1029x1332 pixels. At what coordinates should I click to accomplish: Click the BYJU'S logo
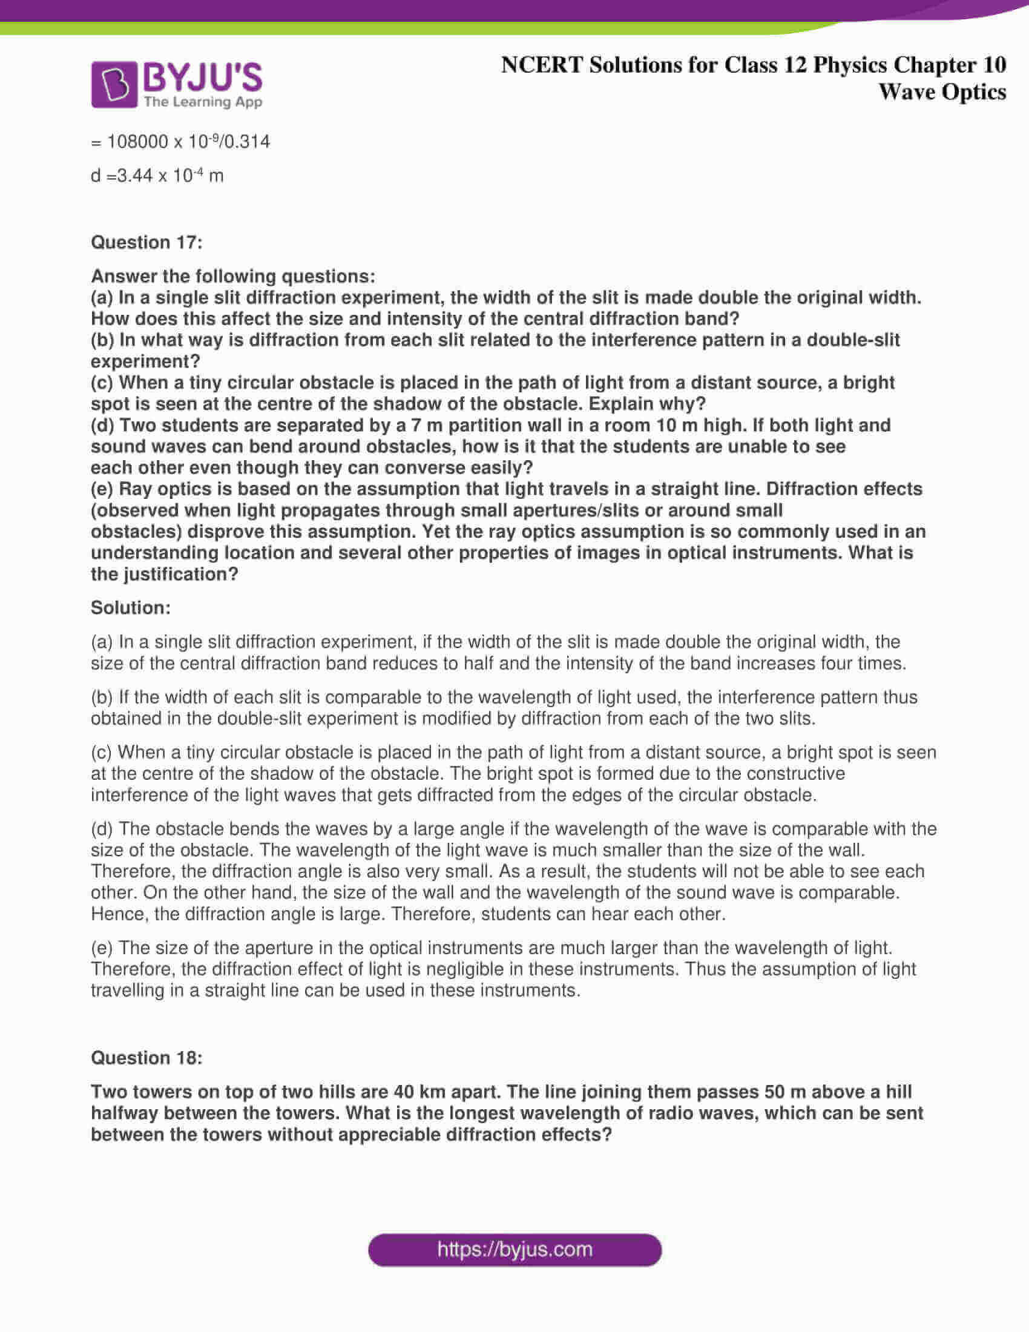tap(176, 84)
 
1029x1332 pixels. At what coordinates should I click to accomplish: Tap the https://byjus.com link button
tap(514, 1250)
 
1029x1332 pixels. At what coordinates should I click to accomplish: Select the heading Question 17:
tap(146, 243)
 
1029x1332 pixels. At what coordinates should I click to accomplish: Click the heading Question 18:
tap(146, 1058)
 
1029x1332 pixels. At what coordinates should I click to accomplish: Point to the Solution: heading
tap(131, 607)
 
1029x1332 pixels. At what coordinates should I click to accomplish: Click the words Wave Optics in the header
tap(942, 92)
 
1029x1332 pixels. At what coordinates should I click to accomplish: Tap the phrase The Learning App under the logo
tap(203, 102)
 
